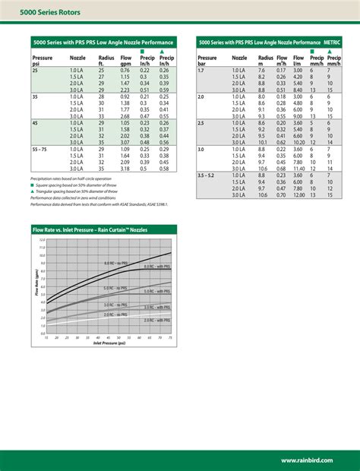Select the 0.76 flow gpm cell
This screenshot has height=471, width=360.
point(125,70)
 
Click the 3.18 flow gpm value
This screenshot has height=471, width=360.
point(125,168)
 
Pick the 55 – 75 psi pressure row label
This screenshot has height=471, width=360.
point(42,149)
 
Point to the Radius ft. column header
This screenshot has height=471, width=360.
point(106,60)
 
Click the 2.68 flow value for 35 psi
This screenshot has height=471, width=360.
point(125,116)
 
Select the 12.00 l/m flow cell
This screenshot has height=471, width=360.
point(298,195)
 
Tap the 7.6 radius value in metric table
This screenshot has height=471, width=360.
point(262,71)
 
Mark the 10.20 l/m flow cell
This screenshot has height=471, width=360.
point(298,142)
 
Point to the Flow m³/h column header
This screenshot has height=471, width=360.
point(282,60)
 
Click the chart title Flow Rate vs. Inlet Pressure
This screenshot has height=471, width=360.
point(90,229)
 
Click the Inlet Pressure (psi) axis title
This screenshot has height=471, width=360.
point(108,343)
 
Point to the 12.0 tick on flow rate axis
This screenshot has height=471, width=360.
point(43,239)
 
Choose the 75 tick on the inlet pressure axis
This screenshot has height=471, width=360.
point(171,337)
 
